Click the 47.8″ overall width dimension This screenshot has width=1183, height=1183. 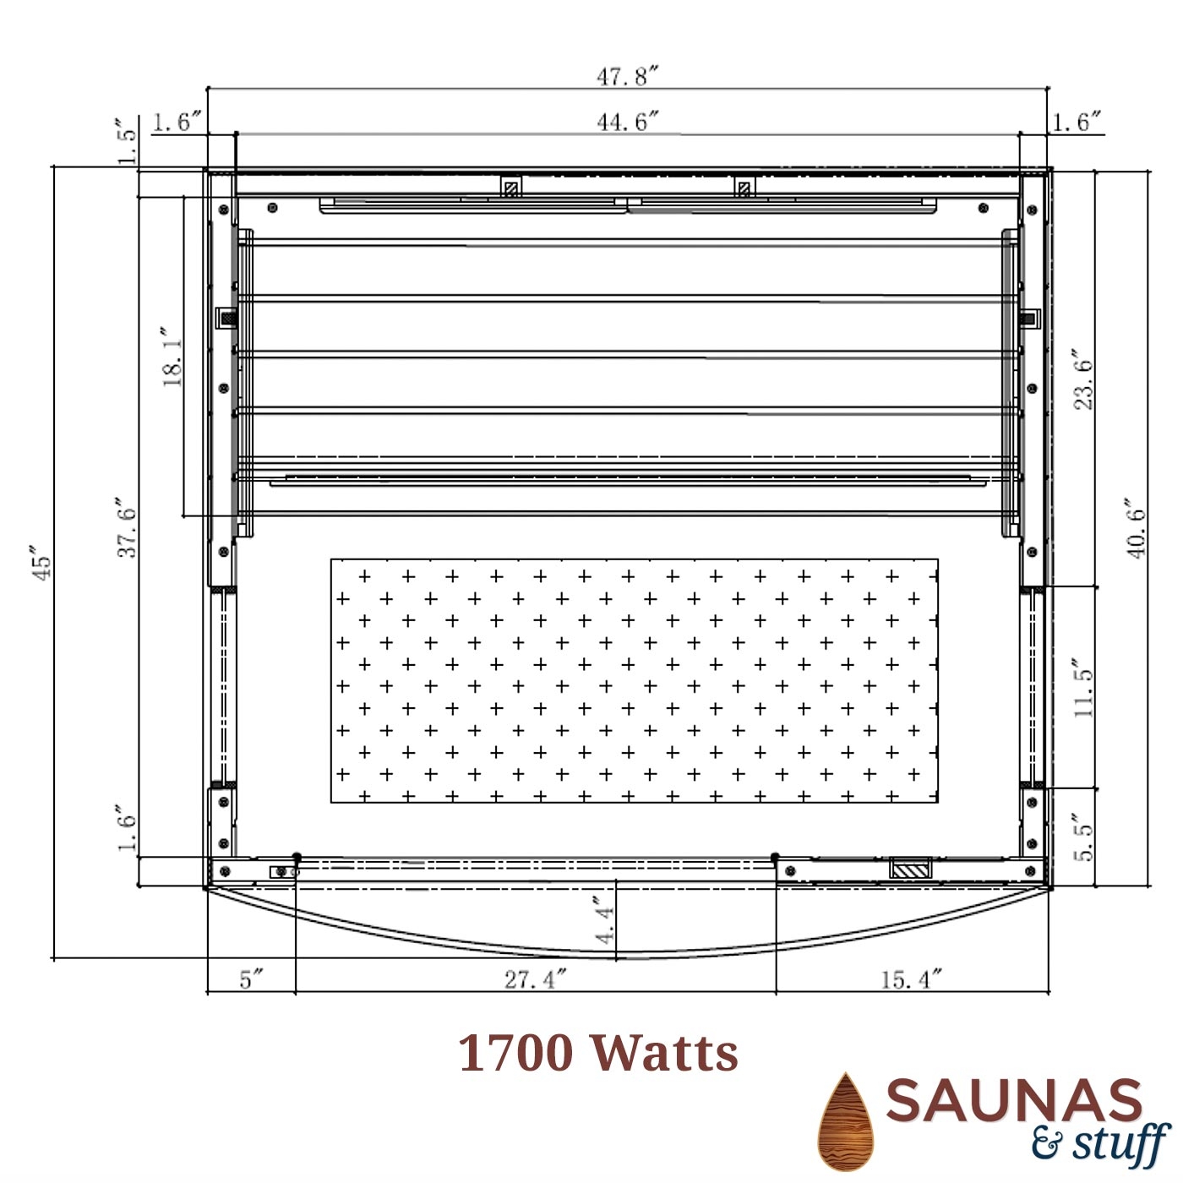pos(628,77)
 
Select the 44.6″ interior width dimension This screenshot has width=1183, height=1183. pos(628,123)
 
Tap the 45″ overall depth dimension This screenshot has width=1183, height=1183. pos(41,561)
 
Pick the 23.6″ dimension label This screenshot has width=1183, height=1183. pos(1084,380)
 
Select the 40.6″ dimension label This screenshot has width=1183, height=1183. pos(1136,527)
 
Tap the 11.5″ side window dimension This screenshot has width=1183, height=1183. pos(1084,688)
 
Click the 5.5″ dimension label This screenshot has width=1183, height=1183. pos(1084,837)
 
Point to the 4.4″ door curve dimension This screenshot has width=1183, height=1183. pos(604,919)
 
